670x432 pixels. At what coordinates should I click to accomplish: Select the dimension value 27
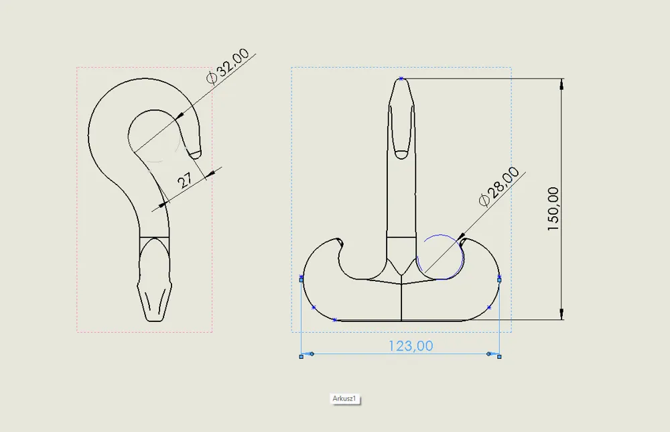pyautogui.click(x=185, y=180)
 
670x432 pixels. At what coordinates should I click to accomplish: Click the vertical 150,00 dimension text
pyautogui.click(x=553, y=209)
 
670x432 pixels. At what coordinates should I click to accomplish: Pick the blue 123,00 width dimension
pyautogui.click(x=410, y=345)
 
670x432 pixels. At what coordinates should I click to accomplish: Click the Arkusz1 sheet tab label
pyautogui.click(x=344, y=398)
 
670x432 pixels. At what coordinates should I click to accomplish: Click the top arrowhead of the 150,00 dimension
pyautogui.click(x=561, y=85)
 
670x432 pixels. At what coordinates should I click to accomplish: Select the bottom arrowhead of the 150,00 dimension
pyautogui.click(x=561, y=313)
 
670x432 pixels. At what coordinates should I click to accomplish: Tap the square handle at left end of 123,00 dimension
pyautogui.click(x=301, y=357)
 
